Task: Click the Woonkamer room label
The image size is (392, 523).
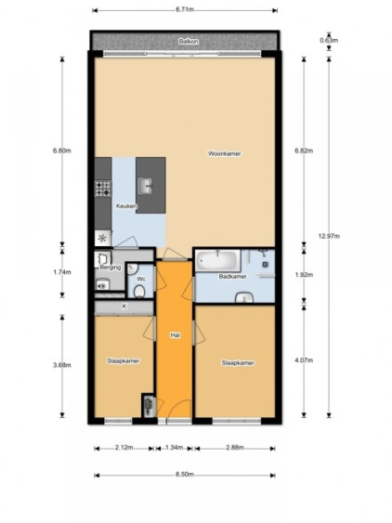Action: [x=224, y=154]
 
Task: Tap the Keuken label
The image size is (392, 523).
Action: [x=126, y=206]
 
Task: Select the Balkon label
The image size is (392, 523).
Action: [x=189, y=42]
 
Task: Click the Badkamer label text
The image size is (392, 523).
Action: [x=233, y=277]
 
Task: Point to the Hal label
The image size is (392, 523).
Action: [x=175, y=335]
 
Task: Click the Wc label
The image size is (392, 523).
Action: [x=141, y=279]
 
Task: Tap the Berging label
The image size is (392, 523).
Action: [x=111, y=268]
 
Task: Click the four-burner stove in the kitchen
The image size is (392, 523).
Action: [x=103, y=189]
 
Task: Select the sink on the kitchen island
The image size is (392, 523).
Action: [x=145, y=186]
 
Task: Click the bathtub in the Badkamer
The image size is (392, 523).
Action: [x=218, y=261]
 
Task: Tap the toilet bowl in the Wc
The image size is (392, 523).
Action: [x=139, y=291]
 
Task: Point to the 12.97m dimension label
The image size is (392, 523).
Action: [x=329, y=236]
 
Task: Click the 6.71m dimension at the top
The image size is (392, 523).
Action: [x=185, y=9]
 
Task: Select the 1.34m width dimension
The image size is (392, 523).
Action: [x=174, y=448]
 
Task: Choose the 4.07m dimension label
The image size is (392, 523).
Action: [x=304, y=360]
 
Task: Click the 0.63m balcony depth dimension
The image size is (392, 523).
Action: [x=329, y=41]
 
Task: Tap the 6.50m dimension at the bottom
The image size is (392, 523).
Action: [x=185, y=475]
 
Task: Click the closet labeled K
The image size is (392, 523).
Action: [x=124, y=307]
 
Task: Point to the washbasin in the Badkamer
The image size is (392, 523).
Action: [x=244, y=298]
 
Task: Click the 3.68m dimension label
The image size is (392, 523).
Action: [x=62, y=365]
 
